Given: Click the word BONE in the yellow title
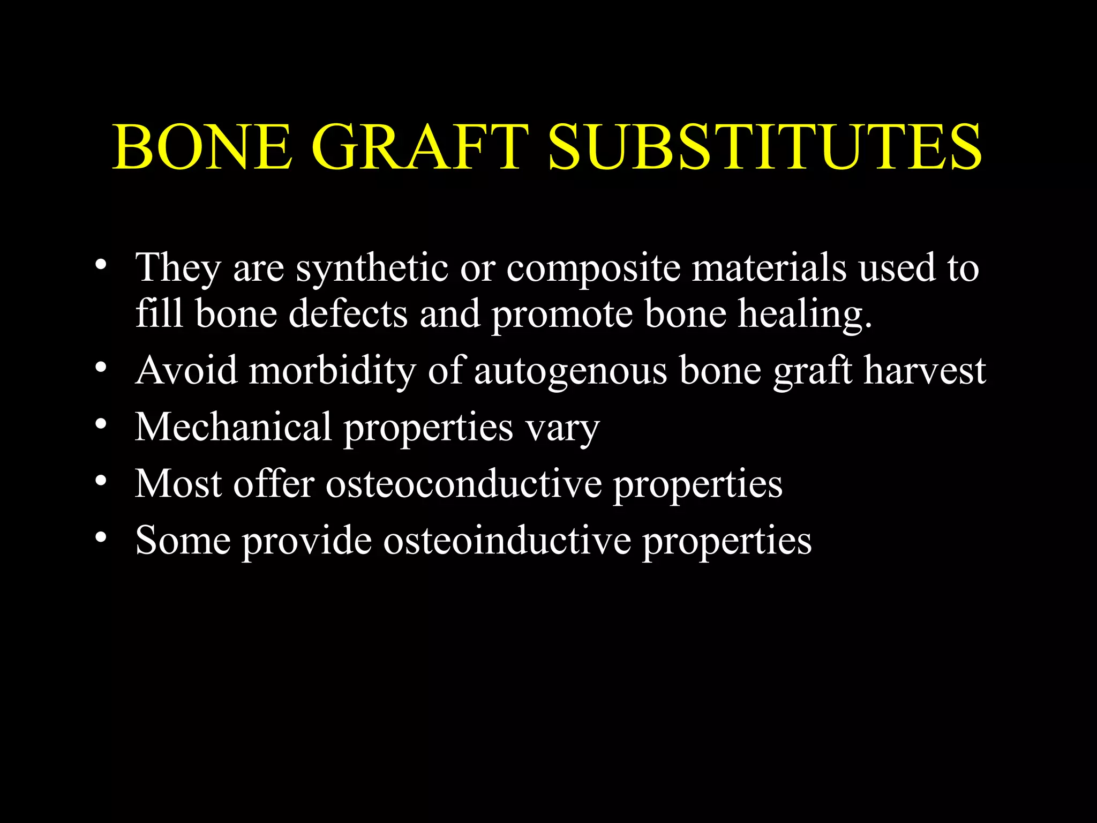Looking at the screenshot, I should click(202, 147).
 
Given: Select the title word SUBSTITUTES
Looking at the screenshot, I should click(765, 147).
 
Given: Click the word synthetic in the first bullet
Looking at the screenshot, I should click(372, 268).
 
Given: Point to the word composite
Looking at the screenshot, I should click(593, 268).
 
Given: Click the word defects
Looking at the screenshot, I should click(348, 313).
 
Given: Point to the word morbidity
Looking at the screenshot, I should click(333, 371).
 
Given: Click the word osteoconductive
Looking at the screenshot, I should click(464, 483).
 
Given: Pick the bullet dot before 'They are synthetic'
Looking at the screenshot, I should click(100, 265).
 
